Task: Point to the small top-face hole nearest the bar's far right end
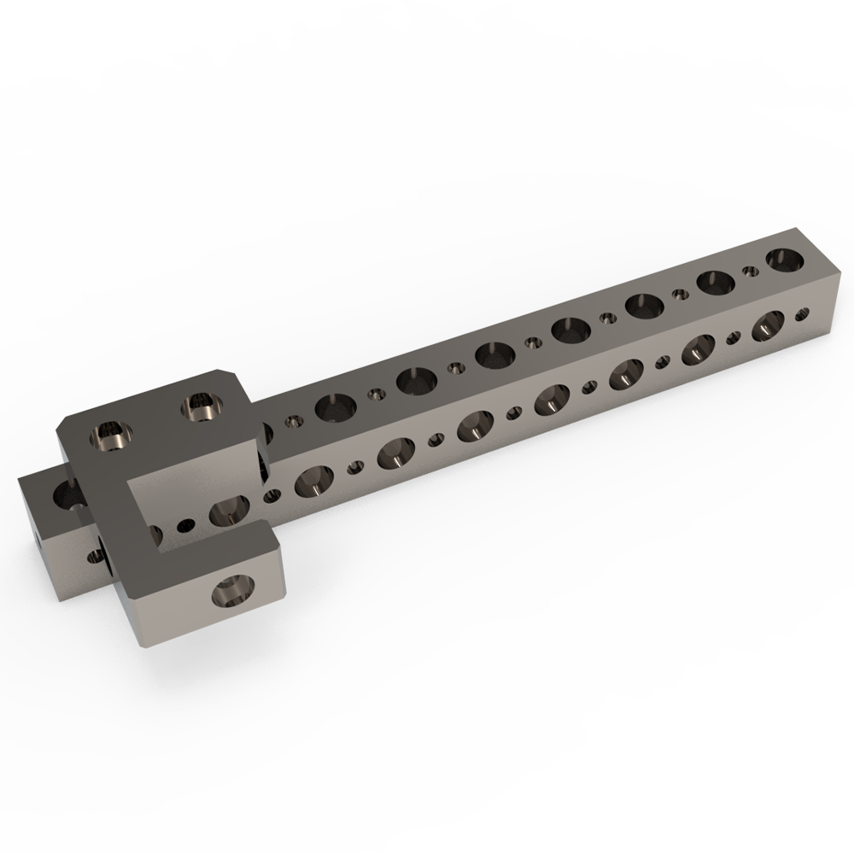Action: point(751,272)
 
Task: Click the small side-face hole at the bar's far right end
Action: point(803,313)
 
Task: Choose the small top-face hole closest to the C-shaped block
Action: point(294,421)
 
